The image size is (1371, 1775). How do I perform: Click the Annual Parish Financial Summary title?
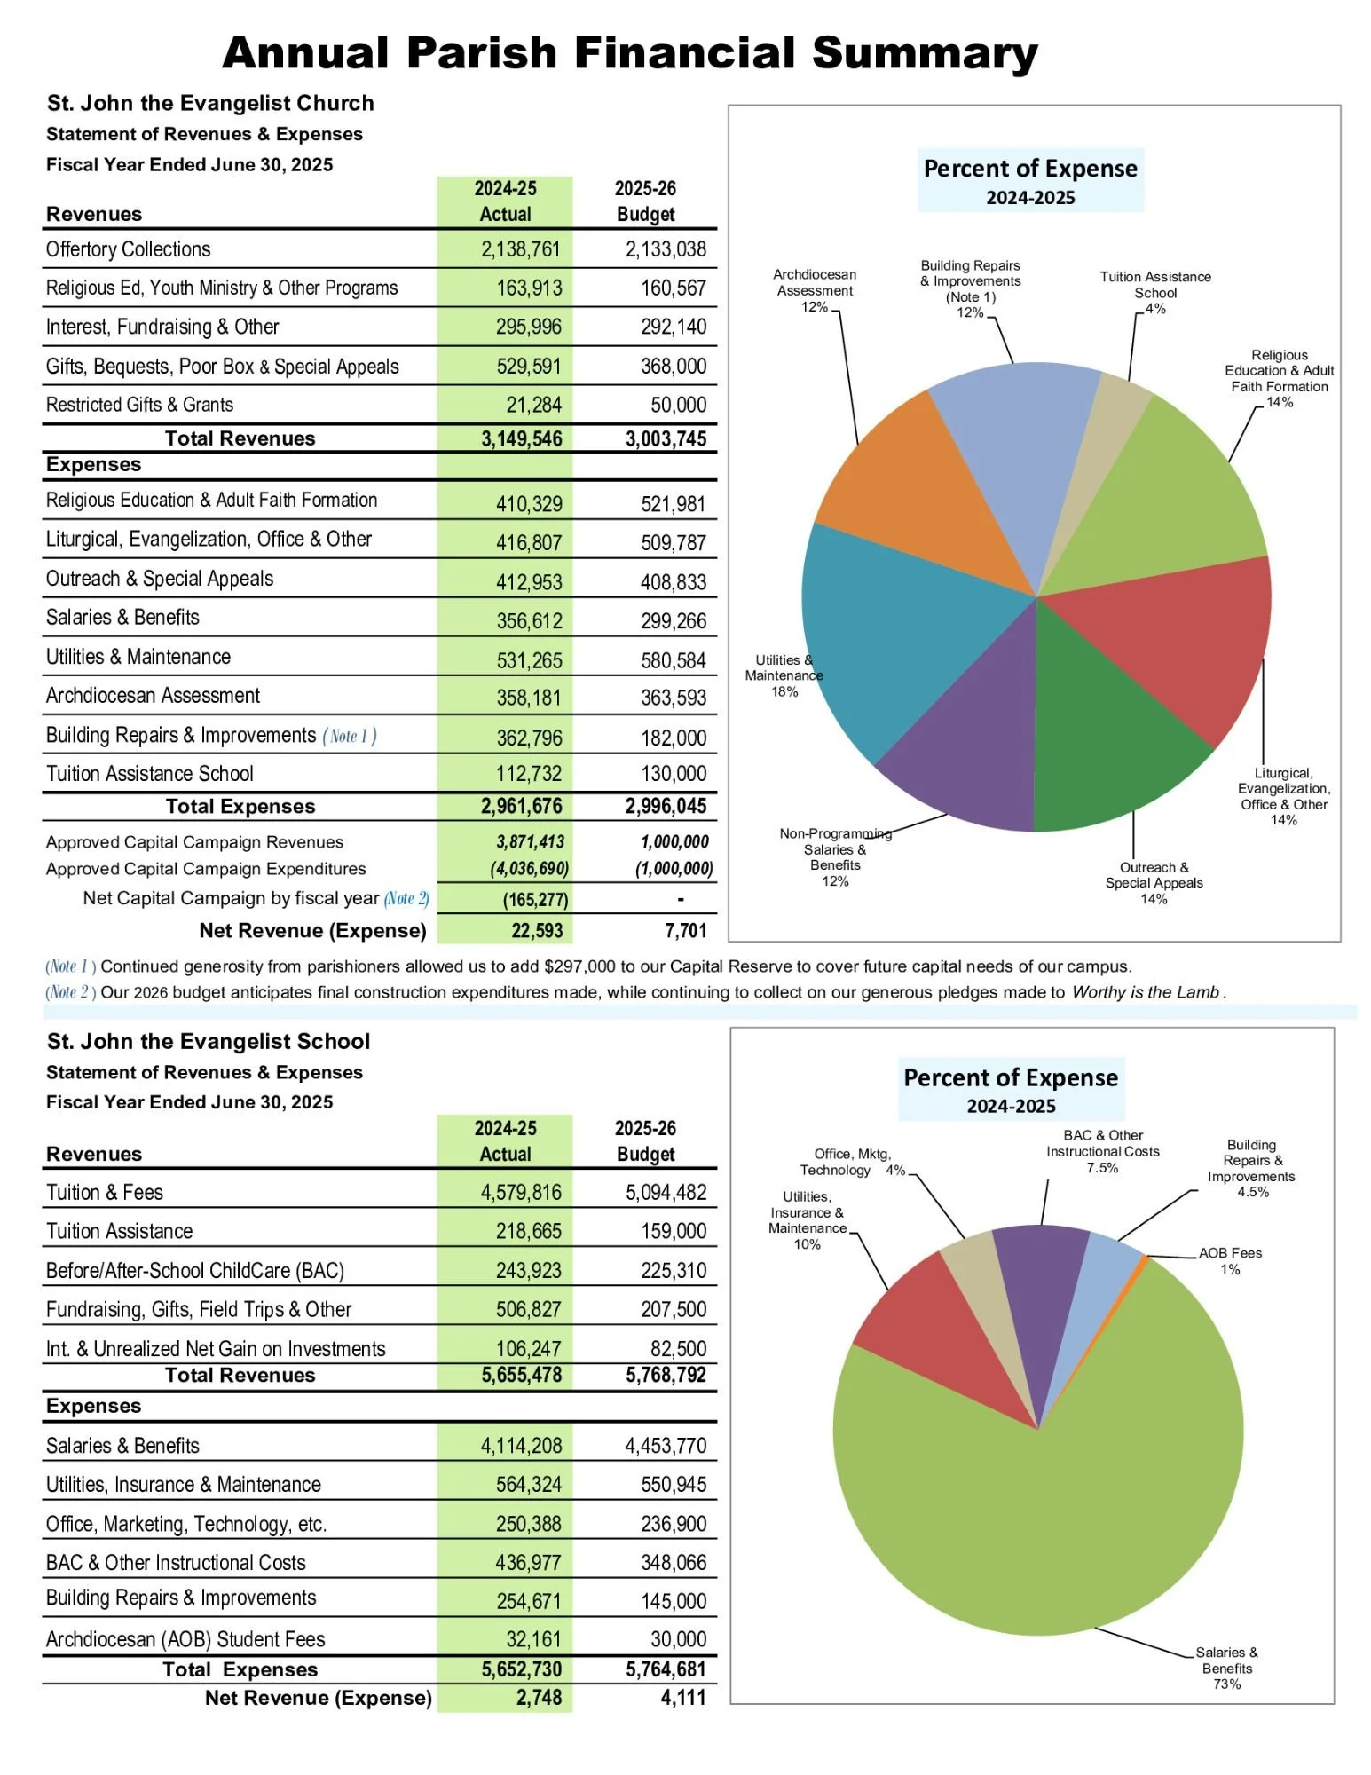click(x=629, y=53)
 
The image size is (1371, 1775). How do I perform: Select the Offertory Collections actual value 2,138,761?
click(x=521, y=249)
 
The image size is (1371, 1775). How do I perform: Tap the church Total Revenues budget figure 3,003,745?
click(x=666, y=438)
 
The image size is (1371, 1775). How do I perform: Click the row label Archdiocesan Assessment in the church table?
click(x=153, y=696)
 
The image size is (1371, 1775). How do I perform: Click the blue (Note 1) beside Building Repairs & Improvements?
click(x=349, y=736)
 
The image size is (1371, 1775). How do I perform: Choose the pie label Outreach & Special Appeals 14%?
click(x=1154, y=883)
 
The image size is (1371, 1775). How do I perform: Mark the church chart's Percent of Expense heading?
click(x=1030, y=169)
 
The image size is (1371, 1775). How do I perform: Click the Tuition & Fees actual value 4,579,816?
click(x=521, y=1192)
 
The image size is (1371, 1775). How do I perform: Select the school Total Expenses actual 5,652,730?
click(x=522, y=1669)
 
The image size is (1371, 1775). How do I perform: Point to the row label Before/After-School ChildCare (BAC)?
click(x=195, y=1270)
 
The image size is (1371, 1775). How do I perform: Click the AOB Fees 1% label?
click(x=1230, y=1260)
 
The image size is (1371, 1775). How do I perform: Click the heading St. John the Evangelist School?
click(x=209, y=1041)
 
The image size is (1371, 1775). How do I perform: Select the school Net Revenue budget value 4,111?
click(x=683, y=1698)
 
